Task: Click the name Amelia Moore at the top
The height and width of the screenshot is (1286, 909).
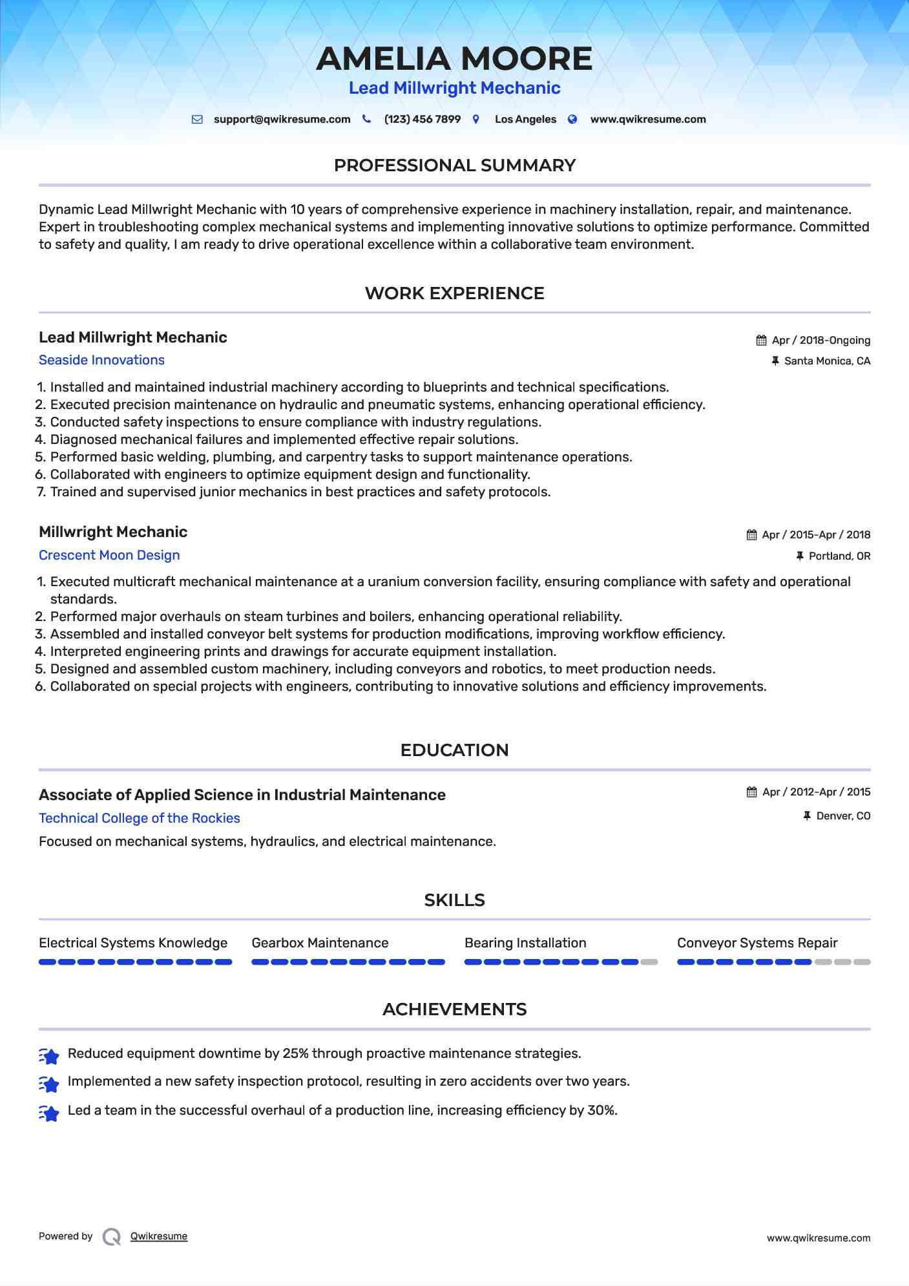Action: pos(454,59)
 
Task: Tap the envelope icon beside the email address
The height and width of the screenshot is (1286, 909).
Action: pos(197,120)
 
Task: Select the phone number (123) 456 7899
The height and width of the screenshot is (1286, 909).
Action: pos(422,120)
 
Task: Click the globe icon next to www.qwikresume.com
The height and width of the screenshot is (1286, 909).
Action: pos(572,120)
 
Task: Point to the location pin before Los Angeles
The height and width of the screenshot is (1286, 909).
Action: pos(476,120)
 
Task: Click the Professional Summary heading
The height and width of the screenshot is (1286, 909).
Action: pos(454,165)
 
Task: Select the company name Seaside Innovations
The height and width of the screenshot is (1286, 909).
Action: pos(101,360)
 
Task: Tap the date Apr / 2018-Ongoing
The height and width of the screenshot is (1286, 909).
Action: pos(820,341)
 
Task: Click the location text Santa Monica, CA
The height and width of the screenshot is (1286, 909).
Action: pos(827,361)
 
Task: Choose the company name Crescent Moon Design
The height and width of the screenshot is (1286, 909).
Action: pos(109,555)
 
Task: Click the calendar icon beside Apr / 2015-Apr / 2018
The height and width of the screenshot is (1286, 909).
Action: pos(751,535)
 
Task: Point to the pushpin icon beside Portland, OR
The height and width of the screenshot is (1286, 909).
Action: pos(800,556)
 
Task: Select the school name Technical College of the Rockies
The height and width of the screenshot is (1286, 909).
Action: pos(139,818)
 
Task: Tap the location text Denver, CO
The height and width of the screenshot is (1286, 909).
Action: pos(843,816)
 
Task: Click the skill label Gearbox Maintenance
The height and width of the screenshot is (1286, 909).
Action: pos(320,943)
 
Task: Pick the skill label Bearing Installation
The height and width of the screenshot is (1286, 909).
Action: pos(525,943)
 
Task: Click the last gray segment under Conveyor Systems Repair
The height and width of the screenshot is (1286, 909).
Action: pos(862,962)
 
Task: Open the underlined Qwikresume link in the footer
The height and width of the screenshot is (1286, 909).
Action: pos(159,1236)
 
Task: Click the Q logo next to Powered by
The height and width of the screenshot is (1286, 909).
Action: pos(112,1237)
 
